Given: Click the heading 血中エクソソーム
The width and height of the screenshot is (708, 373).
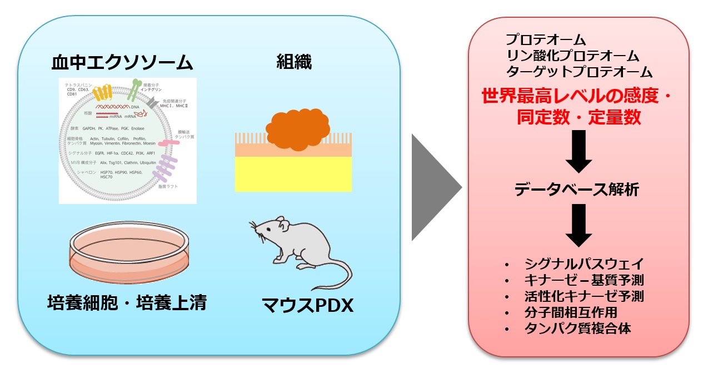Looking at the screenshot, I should click(x=122, y=62).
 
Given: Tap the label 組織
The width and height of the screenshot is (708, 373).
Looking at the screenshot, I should click(x=294, y=62).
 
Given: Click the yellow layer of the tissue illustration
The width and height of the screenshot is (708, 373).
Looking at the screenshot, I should click(x=293, y=174).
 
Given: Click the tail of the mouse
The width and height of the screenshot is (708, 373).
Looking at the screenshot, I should click(x=339, y=275).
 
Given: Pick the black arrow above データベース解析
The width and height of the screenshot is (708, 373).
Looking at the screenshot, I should click(x=579, y=151).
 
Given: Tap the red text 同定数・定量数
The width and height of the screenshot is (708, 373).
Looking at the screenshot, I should click(x=579, y=117).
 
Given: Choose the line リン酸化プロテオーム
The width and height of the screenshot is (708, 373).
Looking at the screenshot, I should click(x=572, y=56).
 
